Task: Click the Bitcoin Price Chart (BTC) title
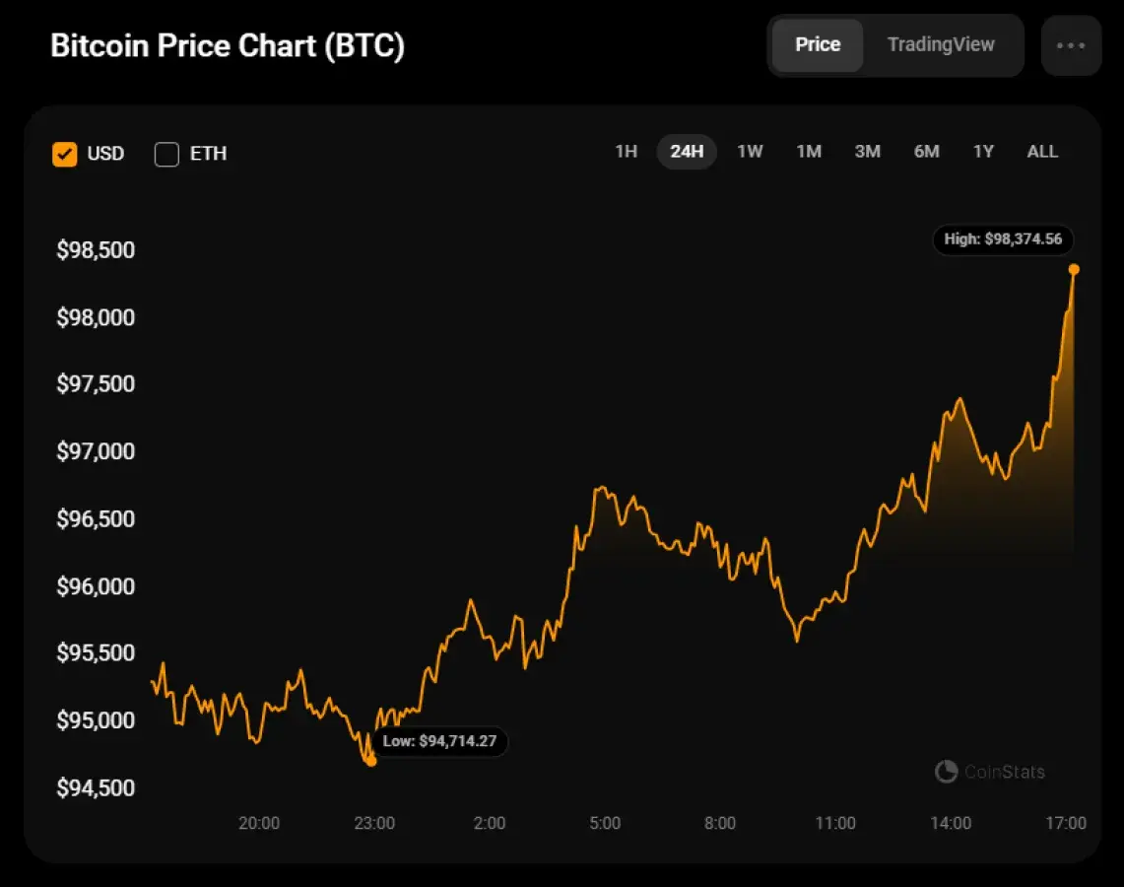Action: (x=227, y=46)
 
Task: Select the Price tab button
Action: (x=818, y=45)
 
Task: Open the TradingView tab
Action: (x=941, y=45)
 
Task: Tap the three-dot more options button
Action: (x=1071, y=45)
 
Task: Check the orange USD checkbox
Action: (x=65, y=154)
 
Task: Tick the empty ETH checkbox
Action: (x=166, y=154)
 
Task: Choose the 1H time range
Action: (x=627, y=152)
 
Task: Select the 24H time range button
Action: (x=687, y=152)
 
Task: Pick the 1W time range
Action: (x=750, y=152)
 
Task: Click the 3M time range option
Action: (x=867, y=152)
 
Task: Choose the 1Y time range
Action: (x=983, y=152)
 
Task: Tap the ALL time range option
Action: (x=1042, y=152)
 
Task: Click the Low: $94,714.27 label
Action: (x=439, y=741)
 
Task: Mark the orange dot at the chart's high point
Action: (x=1074, y=269)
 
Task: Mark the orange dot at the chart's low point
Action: (x=370, y=761)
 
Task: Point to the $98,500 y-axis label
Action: (x=96, y=250)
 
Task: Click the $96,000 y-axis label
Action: (x=96, y=586)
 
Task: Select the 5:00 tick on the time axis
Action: (x=605, y=824)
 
